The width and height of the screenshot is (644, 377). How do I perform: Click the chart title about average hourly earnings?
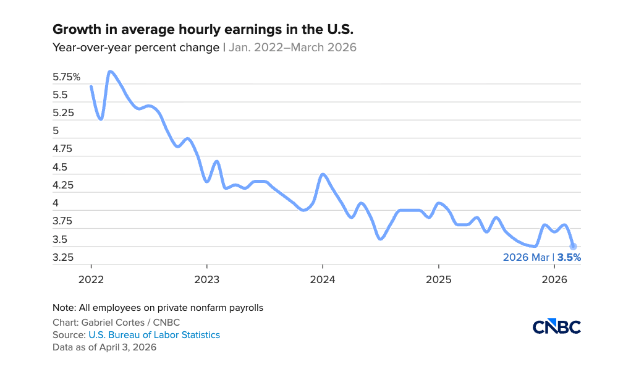(x=203, y=29)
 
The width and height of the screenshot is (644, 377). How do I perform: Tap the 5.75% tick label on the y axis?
(x=67, y=77)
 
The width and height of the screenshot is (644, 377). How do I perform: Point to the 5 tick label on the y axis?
(x=56, y=131)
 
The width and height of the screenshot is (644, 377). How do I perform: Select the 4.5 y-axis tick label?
(x=60, y=167)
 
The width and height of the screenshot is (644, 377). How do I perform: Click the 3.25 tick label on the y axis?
(x=62, y=257)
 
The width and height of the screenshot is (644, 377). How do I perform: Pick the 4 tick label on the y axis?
(x=56, y=203)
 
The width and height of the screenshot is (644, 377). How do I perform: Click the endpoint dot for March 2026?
(x=573, y=247)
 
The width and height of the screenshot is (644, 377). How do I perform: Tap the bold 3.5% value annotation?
(x=569, y=258)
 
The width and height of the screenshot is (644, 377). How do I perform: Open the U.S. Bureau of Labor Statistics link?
(x=154, y=335)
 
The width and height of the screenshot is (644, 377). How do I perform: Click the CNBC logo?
(x=556, y=327)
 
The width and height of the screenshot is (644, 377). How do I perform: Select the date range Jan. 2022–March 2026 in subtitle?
(x=292, y=47)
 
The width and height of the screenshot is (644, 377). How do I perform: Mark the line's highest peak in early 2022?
(x=110, y=72)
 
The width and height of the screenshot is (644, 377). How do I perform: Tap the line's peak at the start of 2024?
(x=323, y=174)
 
